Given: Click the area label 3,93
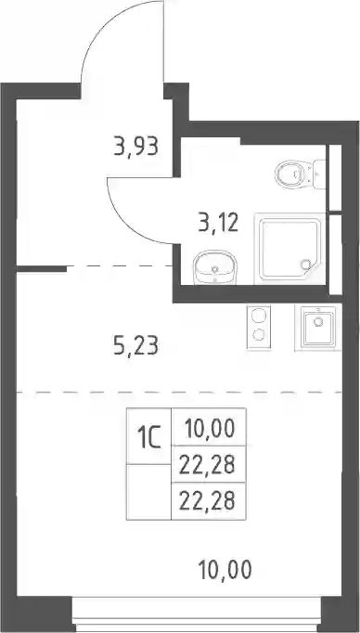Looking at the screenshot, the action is [135, 146].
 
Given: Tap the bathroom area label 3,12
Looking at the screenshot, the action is [218, 223].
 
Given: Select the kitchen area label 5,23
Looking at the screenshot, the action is [135, 346].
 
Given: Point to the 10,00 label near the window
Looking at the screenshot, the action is [225, 569].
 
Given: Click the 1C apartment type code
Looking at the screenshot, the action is [148, 437].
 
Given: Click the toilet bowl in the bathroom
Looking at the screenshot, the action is [291, 174].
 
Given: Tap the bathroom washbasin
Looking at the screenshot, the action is [214, 267].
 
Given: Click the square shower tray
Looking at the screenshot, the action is [289, 249].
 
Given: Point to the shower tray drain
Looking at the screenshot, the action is [306, 265].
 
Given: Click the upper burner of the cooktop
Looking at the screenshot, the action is [258, 316].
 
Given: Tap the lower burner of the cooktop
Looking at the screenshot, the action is [258, 334].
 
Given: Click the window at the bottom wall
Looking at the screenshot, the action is [197, 614].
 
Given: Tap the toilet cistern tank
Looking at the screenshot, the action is [320, 174].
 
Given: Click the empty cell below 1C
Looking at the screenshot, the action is [148, 492].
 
